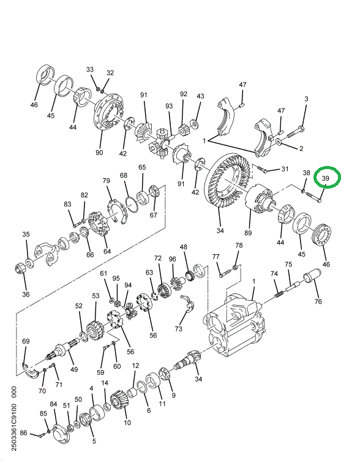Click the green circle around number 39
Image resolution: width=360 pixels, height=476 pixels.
(326, 178)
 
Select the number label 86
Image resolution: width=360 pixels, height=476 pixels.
(23, 434)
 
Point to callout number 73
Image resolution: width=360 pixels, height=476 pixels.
(179, 329)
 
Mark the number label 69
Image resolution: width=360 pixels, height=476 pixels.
(26, 341)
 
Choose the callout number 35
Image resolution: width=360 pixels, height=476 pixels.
(26, 234)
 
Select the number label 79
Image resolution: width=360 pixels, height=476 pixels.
(106, 181)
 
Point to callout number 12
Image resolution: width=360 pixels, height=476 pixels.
(135, 365)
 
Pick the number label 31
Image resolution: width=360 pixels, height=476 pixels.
(284, 169)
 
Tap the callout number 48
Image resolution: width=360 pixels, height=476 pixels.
(183, 247)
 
